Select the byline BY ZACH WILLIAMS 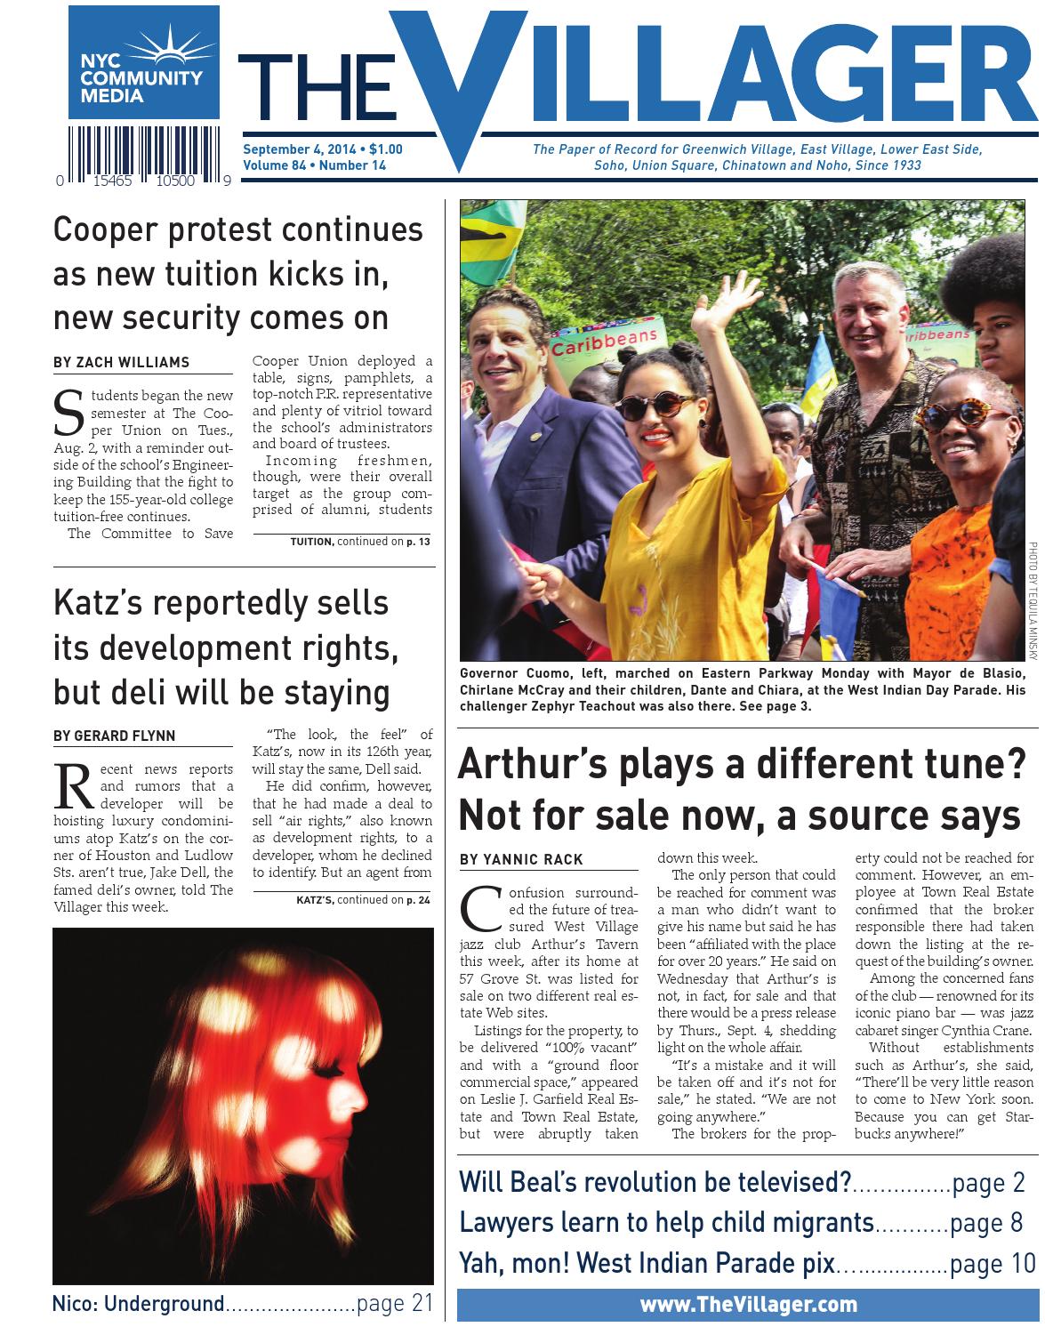tap(121, 362)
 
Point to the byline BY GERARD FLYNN tap(115, 736)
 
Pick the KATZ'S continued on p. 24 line tap(363, 899)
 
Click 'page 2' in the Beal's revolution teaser tap(988, 1183)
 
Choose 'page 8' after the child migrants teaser tap(986, 1223)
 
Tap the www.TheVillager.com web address tap(748, 1305)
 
